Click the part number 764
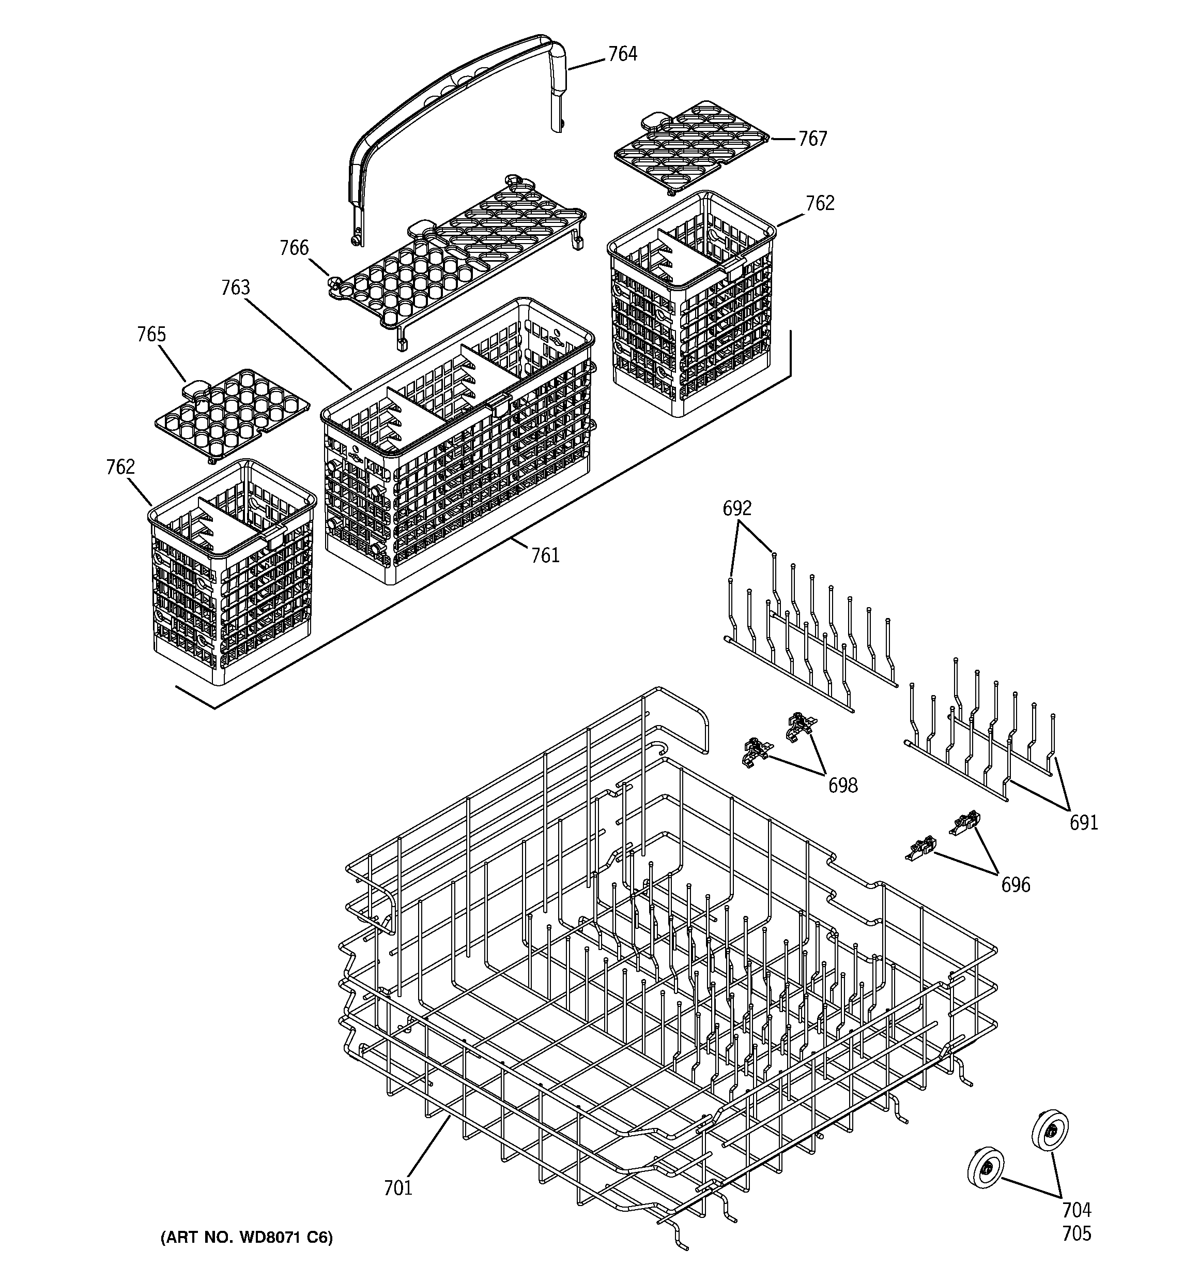point(622,54)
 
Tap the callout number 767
point(812,139)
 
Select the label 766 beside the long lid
point(294,248)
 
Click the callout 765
point(151,334)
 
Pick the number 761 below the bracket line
point(545,555)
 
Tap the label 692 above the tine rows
point(737,509)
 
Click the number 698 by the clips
point(842,785)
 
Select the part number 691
point(1084,822)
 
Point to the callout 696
point(1016,885)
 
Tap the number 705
point(1077,1233)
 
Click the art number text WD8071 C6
point(247,1238)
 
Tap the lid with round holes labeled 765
point(232,412)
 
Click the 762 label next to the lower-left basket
point(120,467)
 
